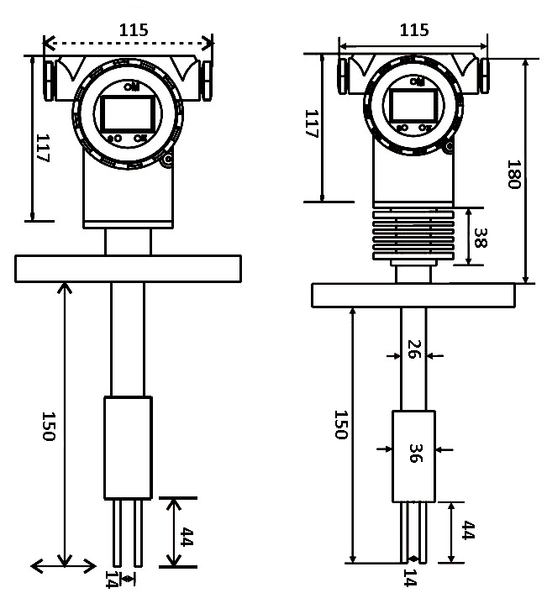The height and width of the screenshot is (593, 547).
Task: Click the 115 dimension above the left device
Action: (x=133, y=29)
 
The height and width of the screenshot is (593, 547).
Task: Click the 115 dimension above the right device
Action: (x=413, y=30)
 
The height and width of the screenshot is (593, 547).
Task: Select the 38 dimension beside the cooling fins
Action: (x=480, y=238)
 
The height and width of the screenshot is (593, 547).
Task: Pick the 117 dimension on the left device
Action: (x=43, y=149)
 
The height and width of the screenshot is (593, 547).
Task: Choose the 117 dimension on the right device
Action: (x=309, y=123)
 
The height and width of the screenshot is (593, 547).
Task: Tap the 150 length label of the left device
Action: (x=48, y=427)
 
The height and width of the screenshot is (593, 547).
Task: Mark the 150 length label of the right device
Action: (x=340, y=425)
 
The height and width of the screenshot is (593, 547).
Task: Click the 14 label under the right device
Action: (x=409, y=578)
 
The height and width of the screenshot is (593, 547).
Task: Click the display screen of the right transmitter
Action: (x=412, y=104)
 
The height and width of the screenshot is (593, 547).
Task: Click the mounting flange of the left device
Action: (x=129, y=268)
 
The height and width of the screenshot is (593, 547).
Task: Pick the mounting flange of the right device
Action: (x=413, y=295)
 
